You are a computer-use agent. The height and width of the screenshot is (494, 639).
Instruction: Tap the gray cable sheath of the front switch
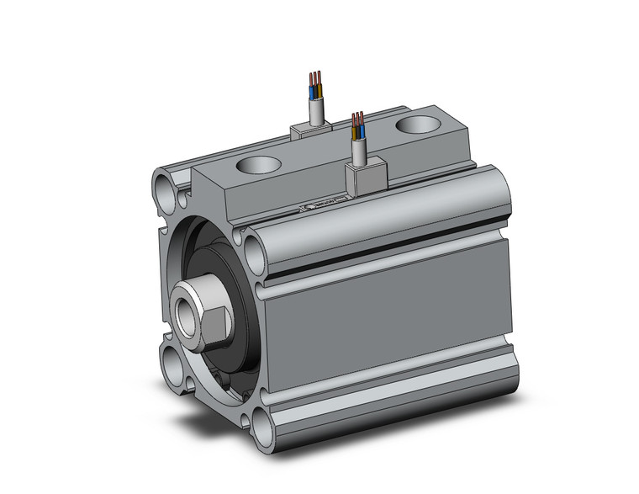click(359, 152)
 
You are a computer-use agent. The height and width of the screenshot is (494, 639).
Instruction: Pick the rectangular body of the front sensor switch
click(364, 176)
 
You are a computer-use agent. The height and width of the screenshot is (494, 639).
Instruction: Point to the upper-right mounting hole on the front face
click(255, 246)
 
